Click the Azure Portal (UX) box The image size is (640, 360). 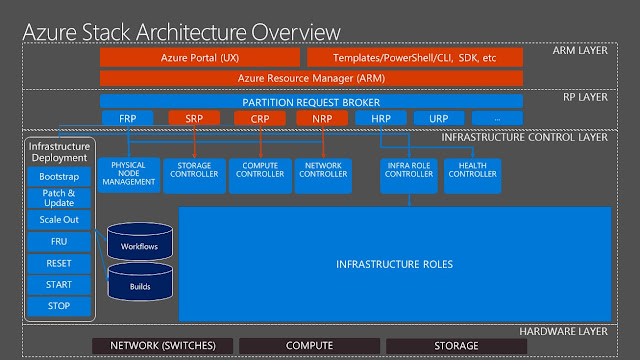(x=200, y=57)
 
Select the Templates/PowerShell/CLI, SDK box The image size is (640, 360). (x=414, y=57)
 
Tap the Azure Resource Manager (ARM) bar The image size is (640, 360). (x=310, y=77)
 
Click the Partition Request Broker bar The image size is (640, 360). (x=310, y=101)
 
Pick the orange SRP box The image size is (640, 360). (x=194, y=119)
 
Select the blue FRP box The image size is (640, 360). (x=127, y=119)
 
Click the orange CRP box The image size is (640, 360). (x=259, y=119)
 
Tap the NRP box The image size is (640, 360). (x=322, y=119)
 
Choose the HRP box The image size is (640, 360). (x=381, y=119)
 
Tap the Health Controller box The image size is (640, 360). (x=470, y=174)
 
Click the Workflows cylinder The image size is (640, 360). (x=139, y=243)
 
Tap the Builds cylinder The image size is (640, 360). (x=139, y=285)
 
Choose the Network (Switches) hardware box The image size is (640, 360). (x=162, y=346)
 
